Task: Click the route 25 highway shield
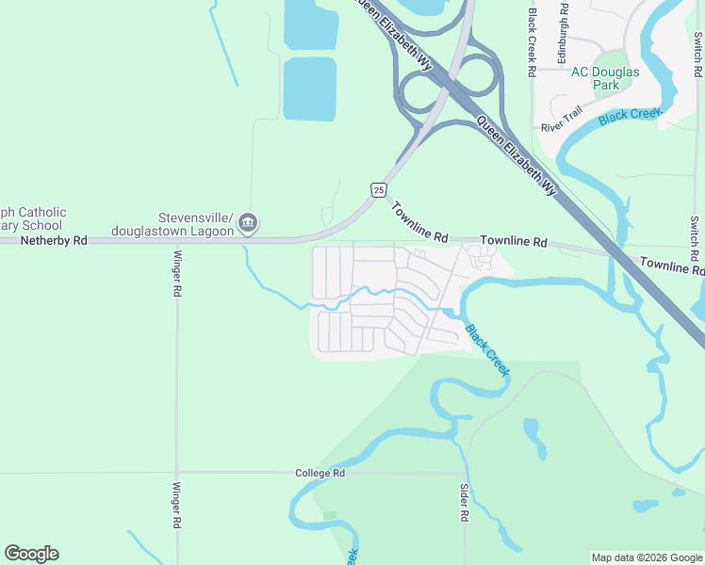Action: (378, 190)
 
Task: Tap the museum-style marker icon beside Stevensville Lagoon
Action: (247, 222)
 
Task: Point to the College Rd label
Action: (320, 474)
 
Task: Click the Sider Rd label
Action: (464, 503)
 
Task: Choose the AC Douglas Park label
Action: (605, 78)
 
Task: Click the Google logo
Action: (31, 554)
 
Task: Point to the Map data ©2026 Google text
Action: (646, 557)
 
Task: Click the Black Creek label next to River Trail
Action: (631, 116)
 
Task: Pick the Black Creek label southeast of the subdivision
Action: (487, 350)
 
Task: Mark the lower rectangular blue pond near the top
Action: (309, 89)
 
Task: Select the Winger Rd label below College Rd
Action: (176, 507)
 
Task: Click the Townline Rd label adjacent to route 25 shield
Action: (419, 223)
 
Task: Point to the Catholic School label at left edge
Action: (32, 218)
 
